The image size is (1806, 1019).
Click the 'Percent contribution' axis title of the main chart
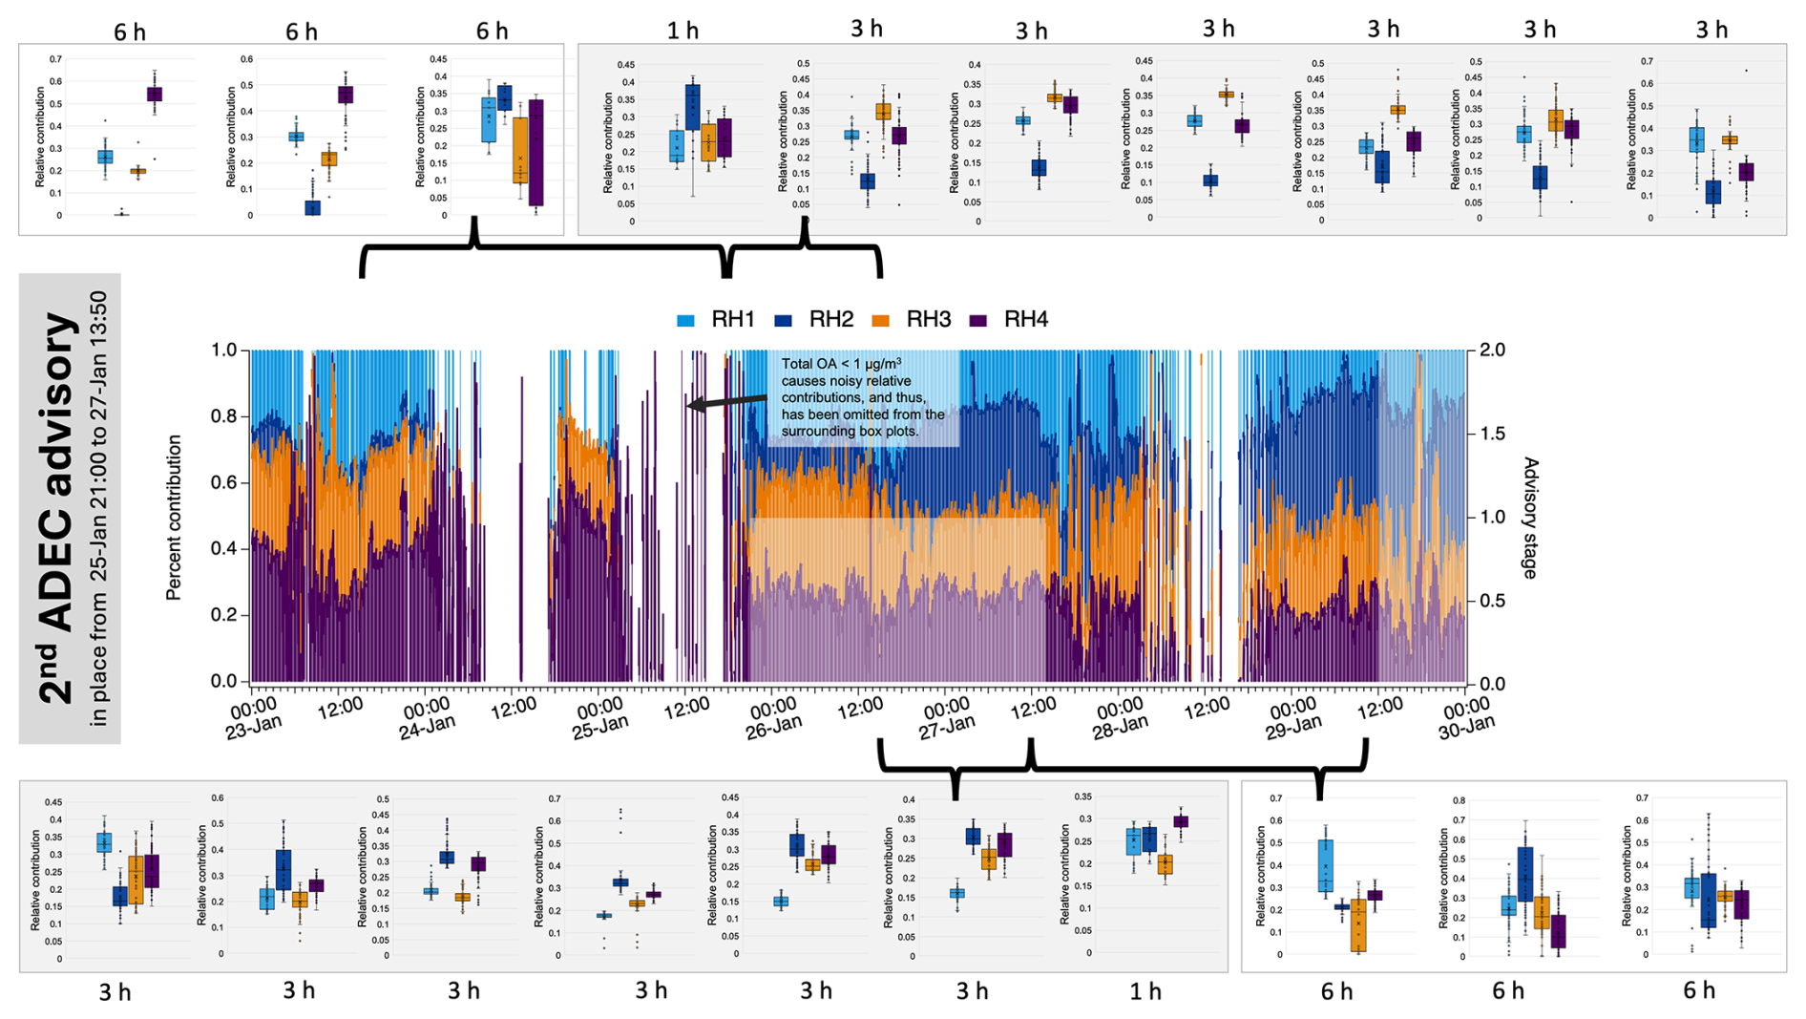(x=174, y=518)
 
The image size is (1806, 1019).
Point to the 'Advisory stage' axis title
(x=1530, y=518)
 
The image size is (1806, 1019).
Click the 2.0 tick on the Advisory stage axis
(x=1492, y=350)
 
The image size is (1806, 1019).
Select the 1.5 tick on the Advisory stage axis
(x=1492, y=434)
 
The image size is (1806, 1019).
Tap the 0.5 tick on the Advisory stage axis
(x=1492, y=601)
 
